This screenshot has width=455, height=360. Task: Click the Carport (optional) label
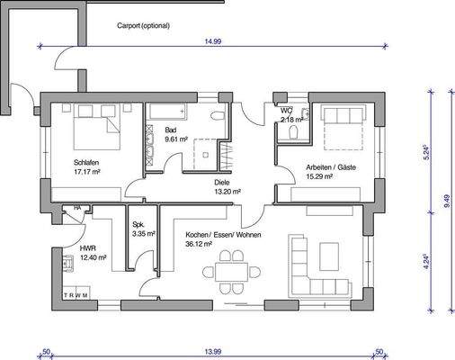coord(143,26)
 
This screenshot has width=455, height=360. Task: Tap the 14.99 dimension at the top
coord(212,41)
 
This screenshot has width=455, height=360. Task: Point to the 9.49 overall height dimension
coord(447,205)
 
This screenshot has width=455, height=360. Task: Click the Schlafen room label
coord(86,162)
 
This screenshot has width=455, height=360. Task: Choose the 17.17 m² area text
coord(86,171)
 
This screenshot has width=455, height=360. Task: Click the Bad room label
coord(171,131)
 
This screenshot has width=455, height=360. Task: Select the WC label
coord(286,111)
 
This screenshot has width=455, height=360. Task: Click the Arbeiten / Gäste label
coord(331,167)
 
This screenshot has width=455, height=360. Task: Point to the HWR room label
coord(87,247)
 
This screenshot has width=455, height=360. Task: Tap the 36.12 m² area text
coord(199,243)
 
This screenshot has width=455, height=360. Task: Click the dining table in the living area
coord(229,270)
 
